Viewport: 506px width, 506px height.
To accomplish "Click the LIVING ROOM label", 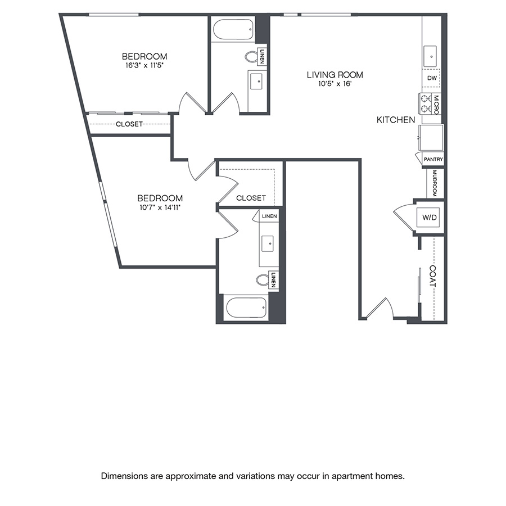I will tap(335, 74).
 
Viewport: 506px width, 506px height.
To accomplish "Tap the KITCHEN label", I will tap(396, 120).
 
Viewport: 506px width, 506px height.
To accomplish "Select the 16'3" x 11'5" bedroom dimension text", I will tap(144, 65).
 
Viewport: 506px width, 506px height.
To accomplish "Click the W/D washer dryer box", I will tap(429, 216).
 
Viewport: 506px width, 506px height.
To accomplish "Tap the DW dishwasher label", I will tap(432, 78).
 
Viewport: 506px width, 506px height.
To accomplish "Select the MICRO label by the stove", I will tap(436, 103).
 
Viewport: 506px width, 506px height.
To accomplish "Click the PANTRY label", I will tap(433, 160).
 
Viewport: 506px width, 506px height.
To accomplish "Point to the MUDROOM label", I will tap(435, 183).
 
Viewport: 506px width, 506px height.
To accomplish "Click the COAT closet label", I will tap(432, 276).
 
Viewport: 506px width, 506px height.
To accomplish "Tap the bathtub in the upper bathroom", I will tap(233, 30).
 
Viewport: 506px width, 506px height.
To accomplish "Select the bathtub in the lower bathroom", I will tap(246, 308).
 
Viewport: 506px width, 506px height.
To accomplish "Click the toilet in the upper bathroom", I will tap(251, 56).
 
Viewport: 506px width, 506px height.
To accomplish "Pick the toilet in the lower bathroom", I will tap(263, 279).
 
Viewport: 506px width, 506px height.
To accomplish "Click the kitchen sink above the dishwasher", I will tap(431, 56).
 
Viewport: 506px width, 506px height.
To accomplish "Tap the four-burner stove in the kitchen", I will tap(424, 103).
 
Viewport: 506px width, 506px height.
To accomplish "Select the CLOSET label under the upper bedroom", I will tap(129, 124).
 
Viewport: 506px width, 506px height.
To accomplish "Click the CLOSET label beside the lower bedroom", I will tap(251, 198).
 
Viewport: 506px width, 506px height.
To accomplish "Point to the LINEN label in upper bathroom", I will tap(263, 56).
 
